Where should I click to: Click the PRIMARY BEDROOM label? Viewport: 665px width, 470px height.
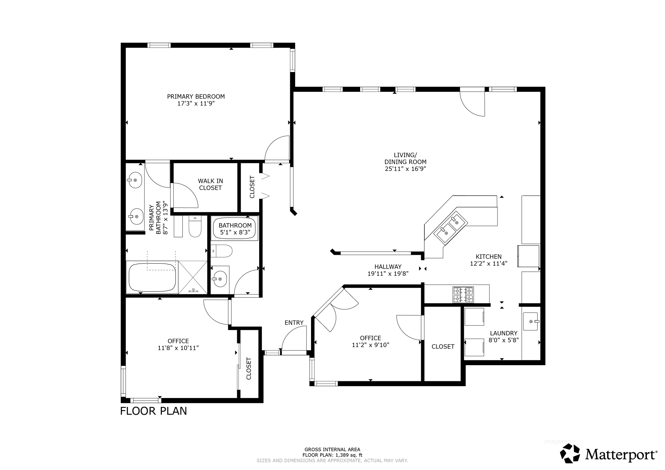[196, 96]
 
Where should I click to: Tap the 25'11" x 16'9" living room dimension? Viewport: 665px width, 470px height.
[405, 169]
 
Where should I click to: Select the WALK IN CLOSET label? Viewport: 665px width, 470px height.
[210, 184]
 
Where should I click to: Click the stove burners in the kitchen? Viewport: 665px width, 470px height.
[463, 295]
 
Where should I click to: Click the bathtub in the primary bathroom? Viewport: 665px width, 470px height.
[152, 278]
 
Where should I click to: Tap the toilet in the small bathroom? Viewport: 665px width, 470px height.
[222, 251]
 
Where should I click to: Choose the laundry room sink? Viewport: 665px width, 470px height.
[531, 321]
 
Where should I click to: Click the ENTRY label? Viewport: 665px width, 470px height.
[294, 323]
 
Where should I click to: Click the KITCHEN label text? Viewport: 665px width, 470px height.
[489, 257]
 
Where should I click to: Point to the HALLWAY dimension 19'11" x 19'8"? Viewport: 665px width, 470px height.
[388, 273]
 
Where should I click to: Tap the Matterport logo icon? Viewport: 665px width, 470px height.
[570, 453]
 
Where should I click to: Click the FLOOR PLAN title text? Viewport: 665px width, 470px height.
[154, 411]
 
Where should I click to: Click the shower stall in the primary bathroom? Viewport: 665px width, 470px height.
[193, 277]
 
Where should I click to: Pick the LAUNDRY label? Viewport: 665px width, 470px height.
[504, 333]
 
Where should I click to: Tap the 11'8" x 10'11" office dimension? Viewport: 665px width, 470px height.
[178, 348]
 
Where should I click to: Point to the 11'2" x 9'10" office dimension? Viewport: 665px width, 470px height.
[370, 345]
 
